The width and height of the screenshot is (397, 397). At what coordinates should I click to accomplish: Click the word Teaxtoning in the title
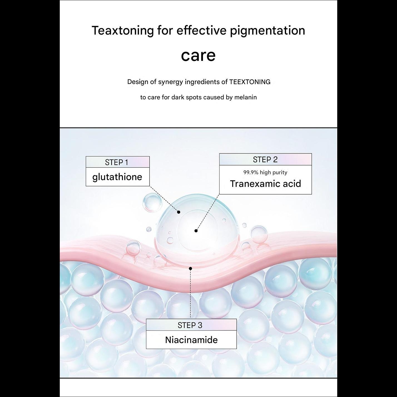[123, 31]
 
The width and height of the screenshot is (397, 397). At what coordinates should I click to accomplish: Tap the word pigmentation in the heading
[267, 31]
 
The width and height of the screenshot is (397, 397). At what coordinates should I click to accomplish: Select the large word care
[198, 55]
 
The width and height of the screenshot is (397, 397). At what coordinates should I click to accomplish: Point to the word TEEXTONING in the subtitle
[250, 82]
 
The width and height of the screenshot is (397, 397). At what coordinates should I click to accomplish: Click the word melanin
[245, 97]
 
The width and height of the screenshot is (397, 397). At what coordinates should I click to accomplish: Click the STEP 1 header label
[116, 162]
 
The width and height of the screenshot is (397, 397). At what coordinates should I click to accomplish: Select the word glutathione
[117, 177]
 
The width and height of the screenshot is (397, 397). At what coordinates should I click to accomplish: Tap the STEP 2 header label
[265, 160]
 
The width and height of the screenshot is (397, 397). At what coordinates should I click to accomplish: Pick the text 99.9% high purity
[265, 172]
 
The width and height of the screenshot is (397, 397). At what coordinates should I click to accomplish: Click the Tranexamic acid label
[266, 183]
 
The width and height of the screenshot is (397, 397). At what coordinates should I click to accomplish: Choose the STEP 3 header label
[190, 325]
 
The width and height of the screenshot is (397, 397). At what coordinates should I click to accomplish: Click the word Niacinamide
[191, 340]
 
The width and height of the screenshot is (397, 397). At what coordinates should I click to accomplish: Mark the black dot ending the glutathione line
[179, 212]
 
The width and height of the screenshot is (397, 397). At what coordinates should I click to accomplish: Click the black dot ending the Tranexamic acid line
[196, 231]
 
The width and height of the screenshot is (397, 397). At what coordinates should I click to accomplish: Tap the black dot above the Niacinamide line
[190, 269]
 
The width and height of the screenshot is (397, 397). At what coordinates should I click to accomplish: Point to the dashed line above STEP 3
[190, 294]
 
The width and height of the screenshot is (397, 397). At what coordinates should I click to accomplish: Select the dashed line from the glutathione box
[164, 199]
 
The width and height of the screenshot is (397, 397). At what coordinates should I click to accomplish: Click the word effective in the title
[202, 31]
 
